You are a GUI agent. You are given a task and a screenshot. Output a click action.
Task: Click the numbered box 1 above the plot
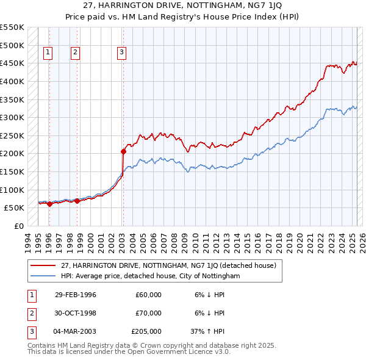(47, 52)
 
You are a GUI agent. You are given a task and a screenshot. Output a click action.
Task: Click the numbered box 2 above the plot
(75, 52)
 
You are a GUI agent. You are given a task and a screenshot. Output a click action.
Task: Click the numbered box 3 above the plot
(121, 52)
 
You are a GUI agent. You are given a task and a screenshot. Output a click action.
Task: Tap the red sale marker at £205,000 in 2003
(123, 151)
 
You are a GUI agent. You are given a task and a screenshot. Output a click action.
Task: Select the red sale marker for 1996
(49, 204)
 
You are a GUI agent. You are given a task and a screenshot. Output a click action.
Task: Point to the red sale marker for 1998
(77, 201)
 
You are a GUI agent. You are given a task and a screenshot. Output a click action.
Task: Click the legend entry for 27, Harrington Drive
(168, 265)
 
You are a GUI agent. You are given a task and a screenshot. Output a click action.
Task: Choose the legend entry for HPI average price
(150, 276)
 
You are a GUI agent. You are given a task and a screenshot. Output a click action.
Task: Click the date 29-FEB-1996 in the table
(76, 295)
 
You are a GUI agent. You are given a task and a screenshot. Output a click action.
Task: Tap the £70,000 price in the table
(148, 313)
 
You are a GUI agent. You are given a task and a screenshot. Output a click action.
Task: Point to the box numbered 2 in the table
(30, 313)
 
